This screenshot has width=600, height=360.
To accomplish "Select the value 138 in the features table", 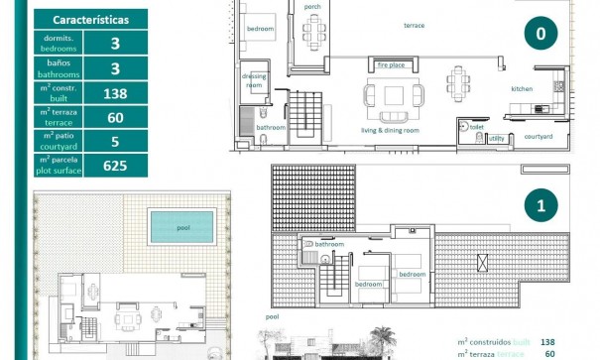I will [x=115, y=93].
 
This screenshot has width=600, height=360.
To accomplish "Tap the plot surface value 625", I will [x=115, y=166].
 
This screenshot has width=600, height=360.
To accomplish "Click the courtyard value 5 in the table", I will [x=115, y=141].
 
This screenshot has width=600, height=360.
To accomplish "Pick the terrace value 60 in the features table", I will [x=115, y=117].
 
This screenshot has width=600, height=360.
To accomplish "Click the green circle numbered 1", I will [x=540, y=206].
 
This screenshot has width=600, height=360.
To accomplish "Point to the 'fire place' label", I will [x=392, y=65].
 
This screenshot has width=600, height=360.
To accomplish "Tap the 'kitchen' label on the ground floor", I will [x=522, y=89].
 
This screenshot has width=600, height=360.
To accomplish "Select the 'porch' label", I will [x=312, y=7].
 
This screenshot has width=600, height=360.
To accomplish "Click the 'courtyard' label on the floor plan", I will [x=539, y=136].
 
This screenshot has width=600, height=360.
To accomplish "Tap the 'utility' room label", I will [x=496, y=138].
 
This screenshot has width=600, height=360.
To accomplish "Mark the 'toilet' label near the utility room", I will [x=477, y=126].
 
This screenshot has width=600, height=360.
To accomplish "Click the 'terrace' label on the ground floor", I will [x=415, y=25].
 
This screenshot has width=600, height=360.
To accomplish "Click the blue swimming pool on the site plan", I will [x=183, y=226].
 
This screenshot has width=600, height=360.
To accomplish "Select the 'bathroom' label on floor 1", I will [x=329, y=244].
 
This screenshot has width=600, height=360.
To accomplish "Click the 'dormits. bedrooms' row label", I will [x=58, y=43].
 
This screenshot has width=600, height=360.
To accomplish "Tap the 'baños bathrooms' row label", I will [x=58, y=67].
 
